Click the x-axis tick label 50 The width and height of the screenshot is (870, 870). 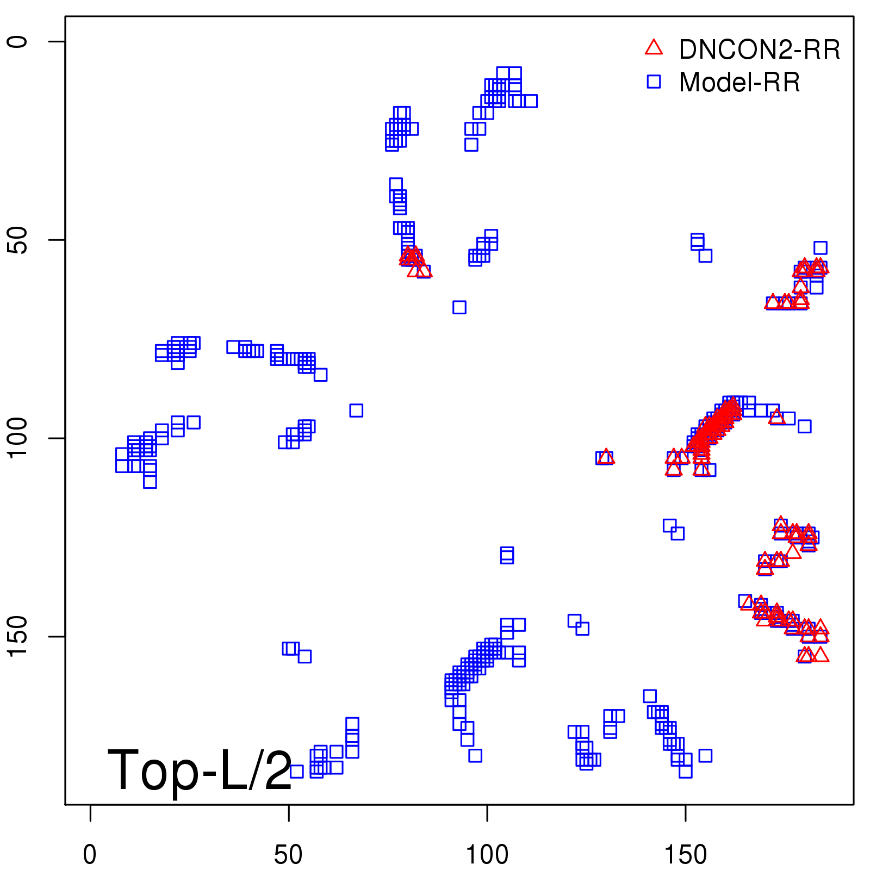pyautogui.click(x=288, y=855)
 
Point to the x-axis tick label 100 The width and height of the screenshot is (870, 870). pyautogui.click(x=487, y=855)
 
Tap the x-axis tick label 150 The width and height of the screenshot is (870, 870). pyautogui.click(x=686, y=855)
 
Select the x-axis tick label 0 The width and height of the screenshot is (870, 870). pyautogui.click(x=90, y=855)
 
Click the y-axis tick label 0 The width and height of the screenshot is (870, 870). pyautogui.click(x=17, y=42)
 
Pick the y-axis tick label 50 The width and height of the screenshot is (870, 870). pyautogui.click(x=17, y=240)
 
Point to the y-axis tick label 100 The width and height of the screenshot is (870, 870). pyautogui.click(x=17, y=438)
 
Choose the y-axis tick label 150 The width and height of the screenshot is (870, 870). pyautogui.click(x=17, y=637)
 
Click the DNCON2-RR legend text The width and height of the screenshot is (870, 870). pyautogui.click(x=759, y=50)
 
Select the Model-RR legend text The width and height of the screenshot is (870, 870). pyautogui.click(x=739, y=83)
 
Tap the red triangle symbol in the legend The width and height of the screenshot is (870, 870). pyautogui.click(x=654, y=48)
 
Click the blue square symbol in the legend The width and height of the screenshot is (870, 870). pyautogui.click(x=654, y=82)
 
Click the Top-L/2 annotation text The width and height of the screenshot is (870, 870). pyautogui.click(x=200, y=770)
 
